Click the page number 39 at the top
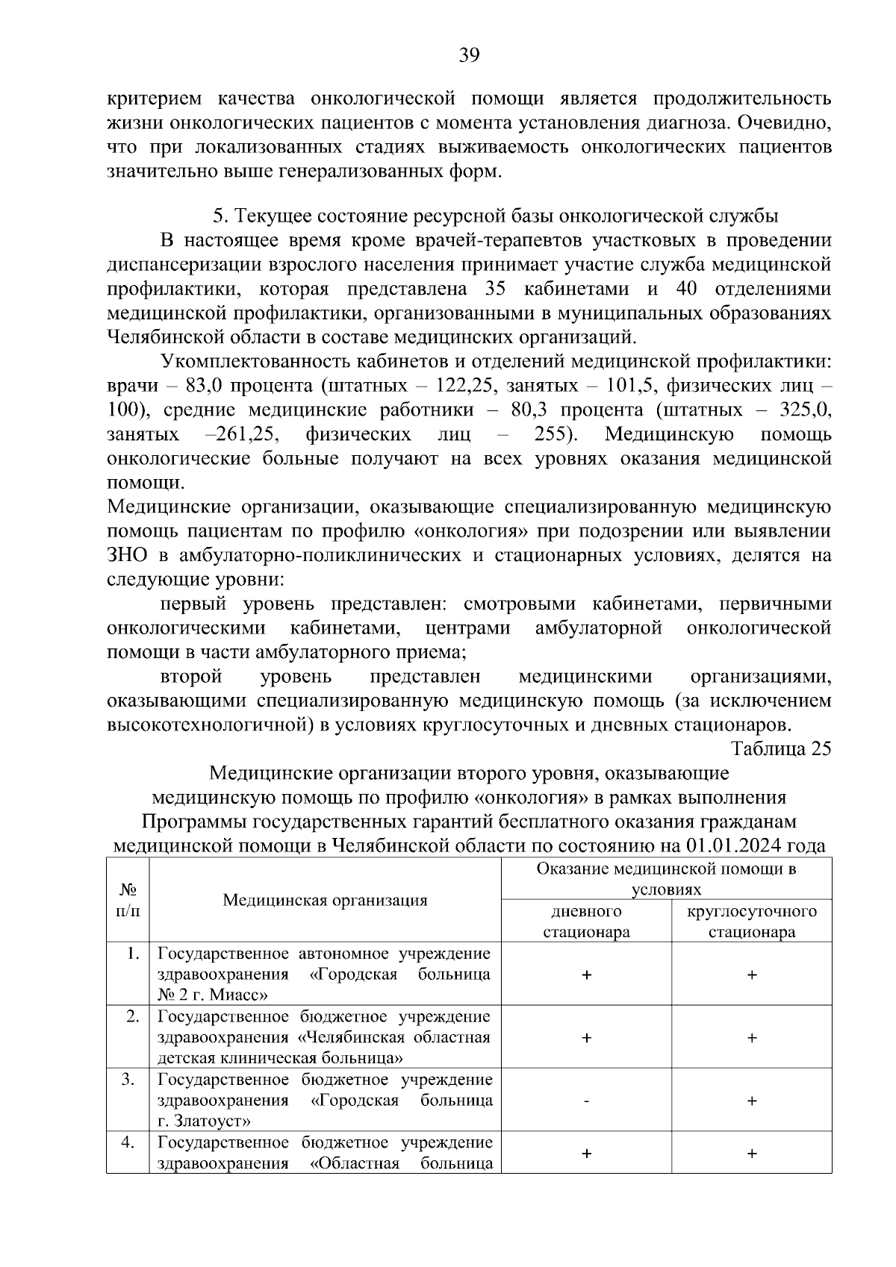(x=469, y=56)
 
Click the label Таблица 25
(x=781, y=748)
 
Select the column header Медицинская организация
(x=325, y=900)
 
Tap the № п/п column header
(x=128, y=900)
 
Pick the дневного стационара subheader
(x=586, y=922)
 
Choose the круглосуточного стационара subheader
(x=751, y=922)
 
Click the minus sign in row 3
(x=586, y=1101)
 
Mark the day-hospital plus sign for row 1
(x=586, y=975)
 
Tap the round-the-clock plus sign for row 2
(x=752, y=1038)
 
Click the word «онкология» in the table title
(x=530, y=798)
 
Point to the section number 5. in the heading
(x=219, y=216)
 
